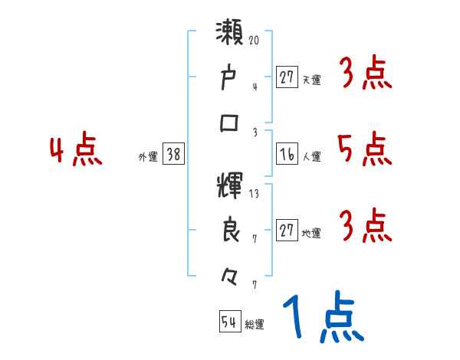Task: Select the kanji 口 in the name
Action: click(229, 123)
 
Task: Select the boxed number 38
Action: click(173, 155)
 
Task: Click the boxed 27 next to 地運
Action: click(287, 231)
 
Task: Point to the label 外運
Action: click(147, 156)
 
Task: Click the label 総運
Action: click(255, 325)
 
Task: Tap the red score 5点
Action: click(364, 149)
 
